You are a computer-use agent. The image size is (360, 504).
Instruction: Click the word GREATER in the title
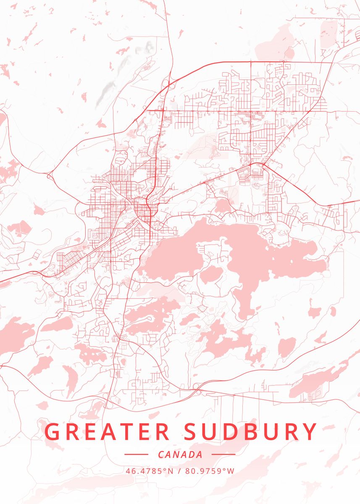pos(107,432)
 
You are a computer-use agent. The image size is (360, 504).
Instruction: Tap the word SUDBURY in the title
pos(250,432)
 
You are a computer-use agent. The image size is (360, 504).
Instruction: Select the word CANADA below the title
pos(180,454)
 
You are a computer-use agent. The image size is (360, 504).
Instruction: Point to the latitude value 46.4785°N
pos(149,470)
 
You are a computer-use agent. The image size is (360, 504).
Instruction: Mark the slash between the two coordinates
pos(179,470)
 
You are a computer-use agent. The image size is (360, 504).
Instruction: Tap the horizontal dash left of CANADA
pos(137,454)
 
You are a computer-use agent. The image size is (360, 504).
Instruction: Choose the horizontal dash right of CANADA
pos(223,454)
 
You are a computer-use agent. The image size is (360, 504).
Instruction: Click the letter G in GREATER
pos(53,432)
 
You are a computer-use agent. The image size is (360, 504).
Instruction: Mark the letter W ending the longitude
pos(231,470)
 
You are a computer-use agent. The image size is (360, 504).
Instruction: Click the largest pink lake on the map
pos(235,256)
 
